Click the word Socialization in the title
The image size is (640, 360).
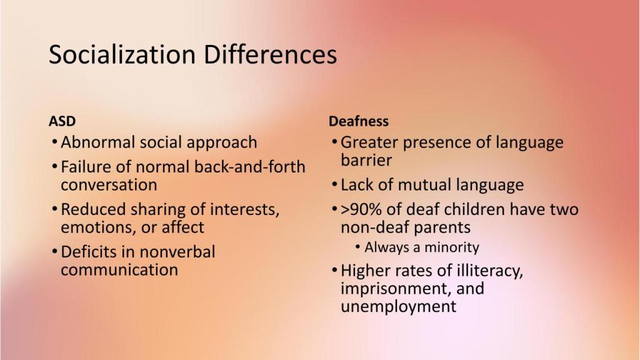[x=122, y=54]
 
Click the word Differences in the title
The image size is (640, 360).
[x=270, y=54]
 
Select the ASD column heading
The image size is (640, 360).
[x=62, y=121]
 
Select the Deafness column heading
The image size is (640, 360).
[x=359, y=121]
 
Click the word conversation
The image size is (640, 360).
[x=109, y=185]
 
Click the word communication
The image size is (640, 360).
[x=119, y=270]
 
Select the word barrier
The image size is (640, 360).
[x=366, y=160]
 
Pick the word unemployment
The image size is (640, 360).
[x=398, y=306]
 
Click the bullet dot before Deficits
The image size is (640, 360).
[x=55, y=251]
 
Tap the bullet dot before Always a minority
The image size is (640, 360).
[x=358, y=247]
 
